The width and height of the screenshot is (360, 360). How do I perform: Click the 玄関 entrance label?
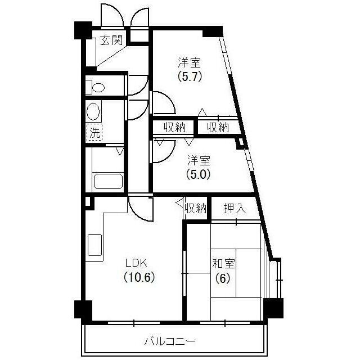click(x=111, y=40)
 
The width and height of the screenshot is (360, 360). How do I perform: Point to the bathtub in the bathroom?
click(x=109, y=181)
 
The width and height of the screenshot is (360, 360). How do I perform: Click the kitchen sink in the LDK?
click(x=94, y=246)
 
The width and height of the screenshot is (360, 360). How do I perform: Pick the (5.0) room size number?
click(x=198, y=174)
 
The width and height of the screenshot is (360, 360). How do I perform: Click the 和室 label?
click(x=223, y=263)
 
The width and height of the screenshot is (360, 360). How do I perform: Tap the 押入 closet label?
click(x=235, y=208)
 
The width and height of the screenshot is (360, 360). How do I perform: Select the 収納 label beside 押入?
click(x=196, y=208)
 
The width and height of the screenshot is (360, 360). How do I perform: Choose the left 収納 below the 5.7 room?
click(x=174, y=127)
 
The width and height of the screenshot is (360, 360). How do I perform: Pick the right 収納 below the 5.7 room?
click(x=218, y=127)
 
